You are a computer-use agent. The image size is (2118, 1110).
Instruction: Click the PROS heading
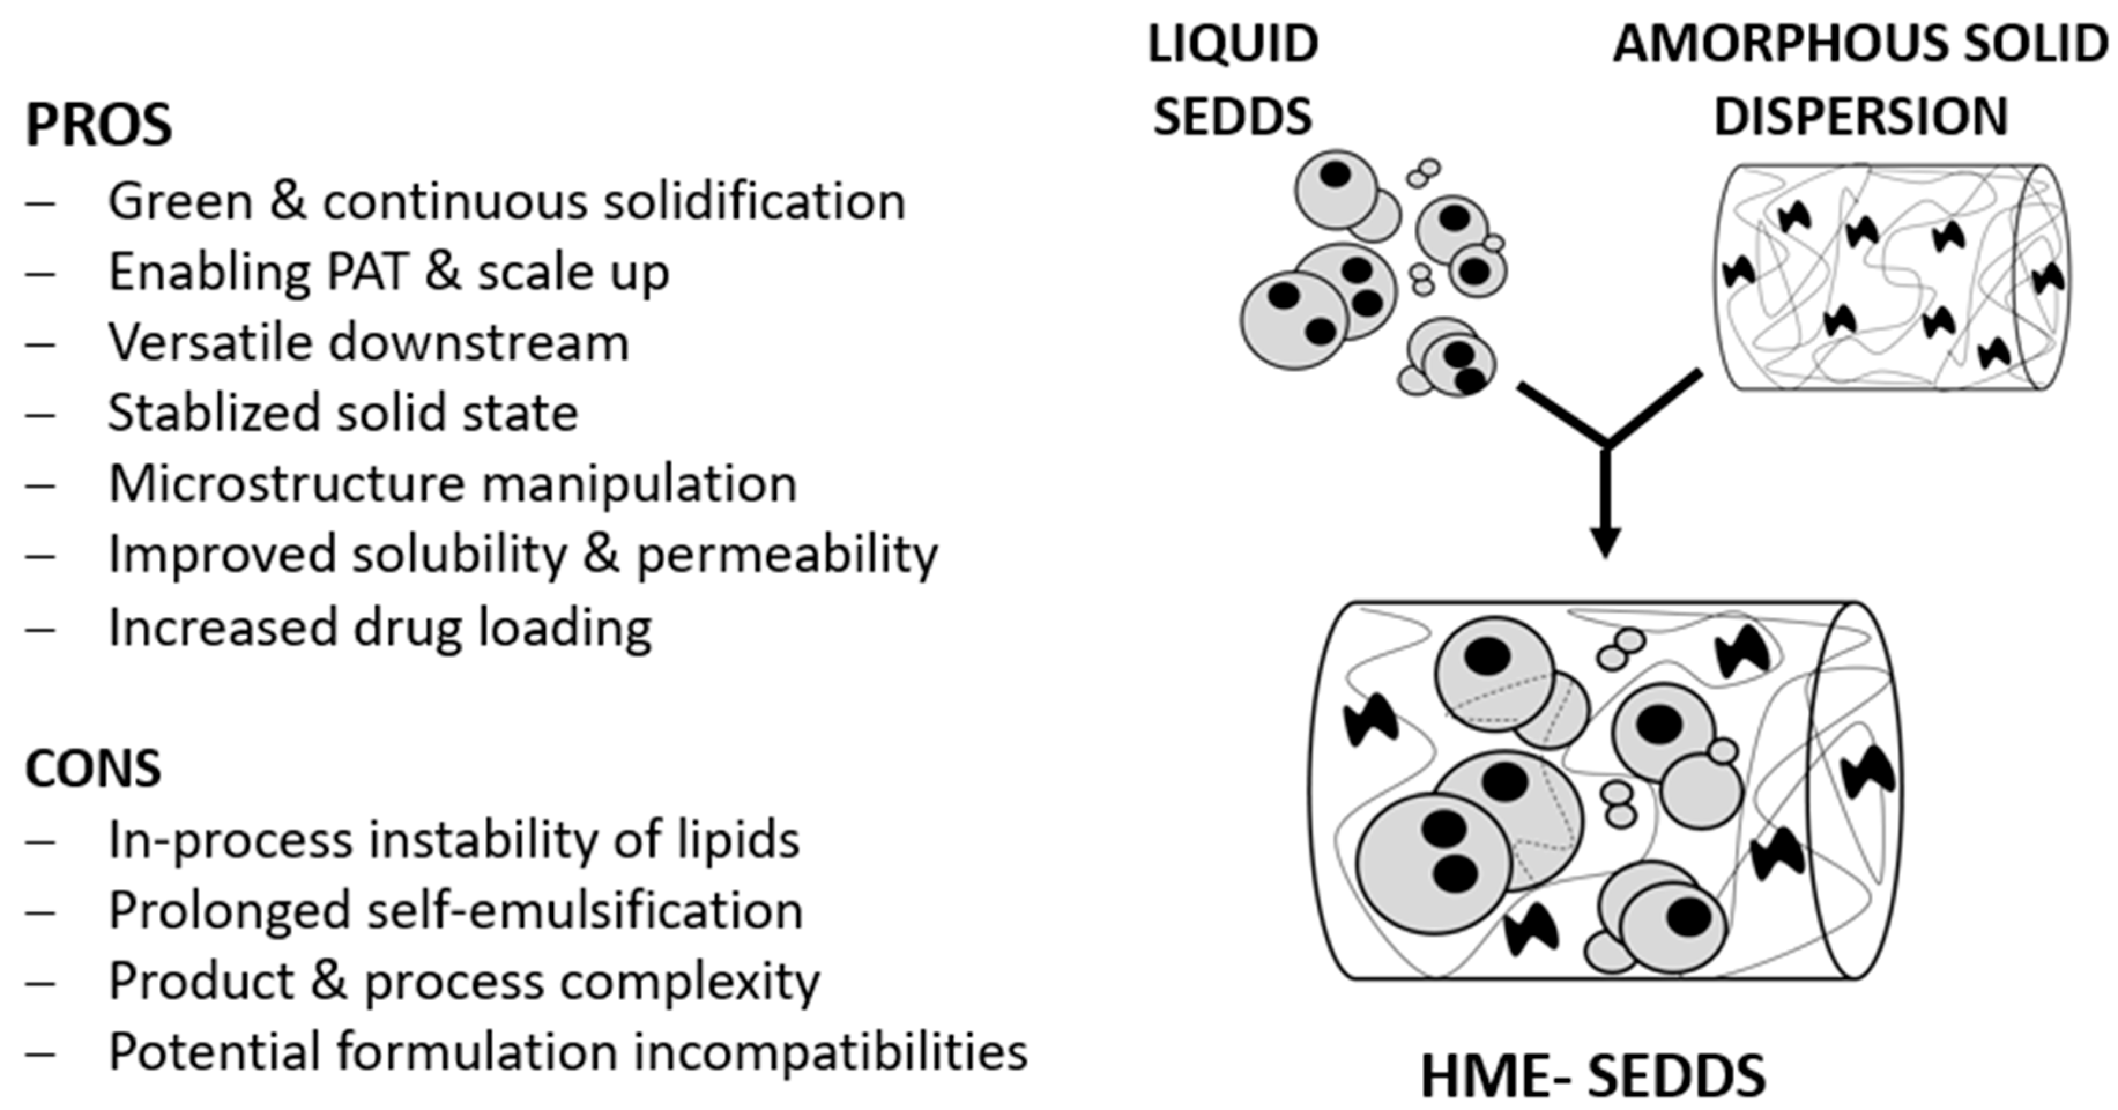tap(99, 125)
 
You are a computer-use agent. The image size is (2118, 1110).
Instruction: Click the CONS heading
tap(93, 769)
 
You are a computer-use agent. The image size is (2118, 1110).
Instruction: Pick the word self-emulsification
tap(585, 911)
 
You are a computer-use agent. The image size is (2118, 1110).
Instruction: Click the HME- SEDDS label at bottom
tap(1593, 1076)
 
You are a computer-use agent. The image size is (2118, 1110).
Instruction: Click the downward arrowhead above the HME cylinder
tap(1605, 543)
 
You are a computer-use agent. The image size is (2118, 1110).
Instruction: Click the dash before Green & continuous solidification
tap(39, 202)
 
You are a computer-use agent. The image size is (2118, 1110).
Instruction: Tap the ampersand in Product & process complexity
tap(329, 982)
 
